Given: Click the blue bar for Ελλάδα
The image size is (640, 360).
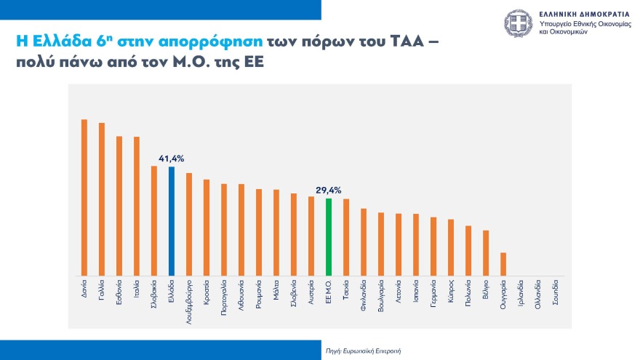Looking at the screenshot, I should (172, 221).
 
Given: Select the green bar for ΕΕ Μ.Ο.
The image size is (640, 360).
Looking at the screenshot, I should (329, 237).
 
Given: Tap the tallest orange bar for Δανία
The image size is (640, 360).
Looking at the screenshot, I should (84, 197).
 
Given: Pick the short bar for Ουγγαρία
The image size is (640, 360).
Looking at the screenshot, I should (503, 264).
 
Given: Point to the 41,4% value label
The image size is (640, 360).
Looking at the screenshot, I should (172, 158).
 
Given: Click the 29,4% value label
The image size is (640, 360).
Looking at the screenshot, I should (329, 190).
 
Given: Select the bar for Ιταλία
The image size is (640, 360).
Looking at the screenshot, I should (137, 206).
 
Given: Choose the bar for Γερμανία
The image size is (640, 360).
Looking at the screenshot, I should (433, 246).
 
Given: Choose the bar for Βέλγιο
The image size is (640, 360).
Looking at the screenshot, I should (486, 253).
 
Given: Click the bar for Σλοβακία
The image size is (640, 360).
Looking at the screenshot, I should (154, 221).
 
